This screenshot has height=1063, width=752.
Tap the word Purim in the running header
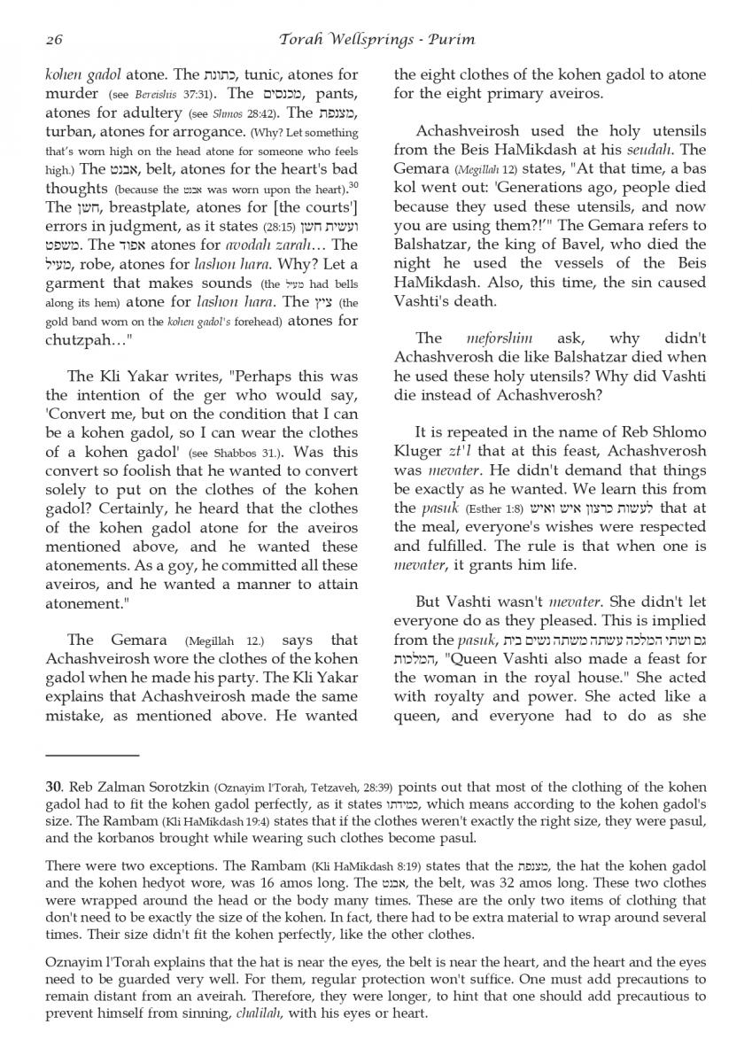point(452,39)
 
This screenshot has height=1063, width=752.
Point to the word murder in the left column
point(72,94)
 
